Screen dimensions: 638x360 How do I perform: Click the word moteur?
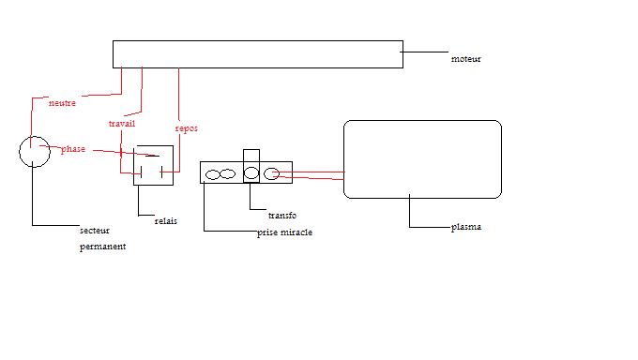(466, 59)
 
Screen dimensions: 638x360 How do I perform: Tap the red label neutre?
(62, 103)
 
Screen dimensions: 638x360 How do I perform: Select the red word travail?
(122, 123)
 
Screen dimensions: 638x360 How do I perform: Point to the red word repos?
(187, 128)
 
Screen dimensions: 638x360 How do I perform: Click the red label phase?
(73, 149)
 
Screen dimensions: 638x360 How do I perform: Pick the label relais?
(166, 221)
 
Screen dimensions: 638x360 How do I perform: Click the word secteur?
(95, 231)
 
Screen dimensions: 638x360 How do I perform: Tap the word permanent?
(102, 247)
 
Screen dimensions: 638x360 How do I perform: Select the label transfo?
(282, 216)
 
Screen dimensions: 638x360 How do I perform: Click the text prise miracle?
(285, 232)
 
